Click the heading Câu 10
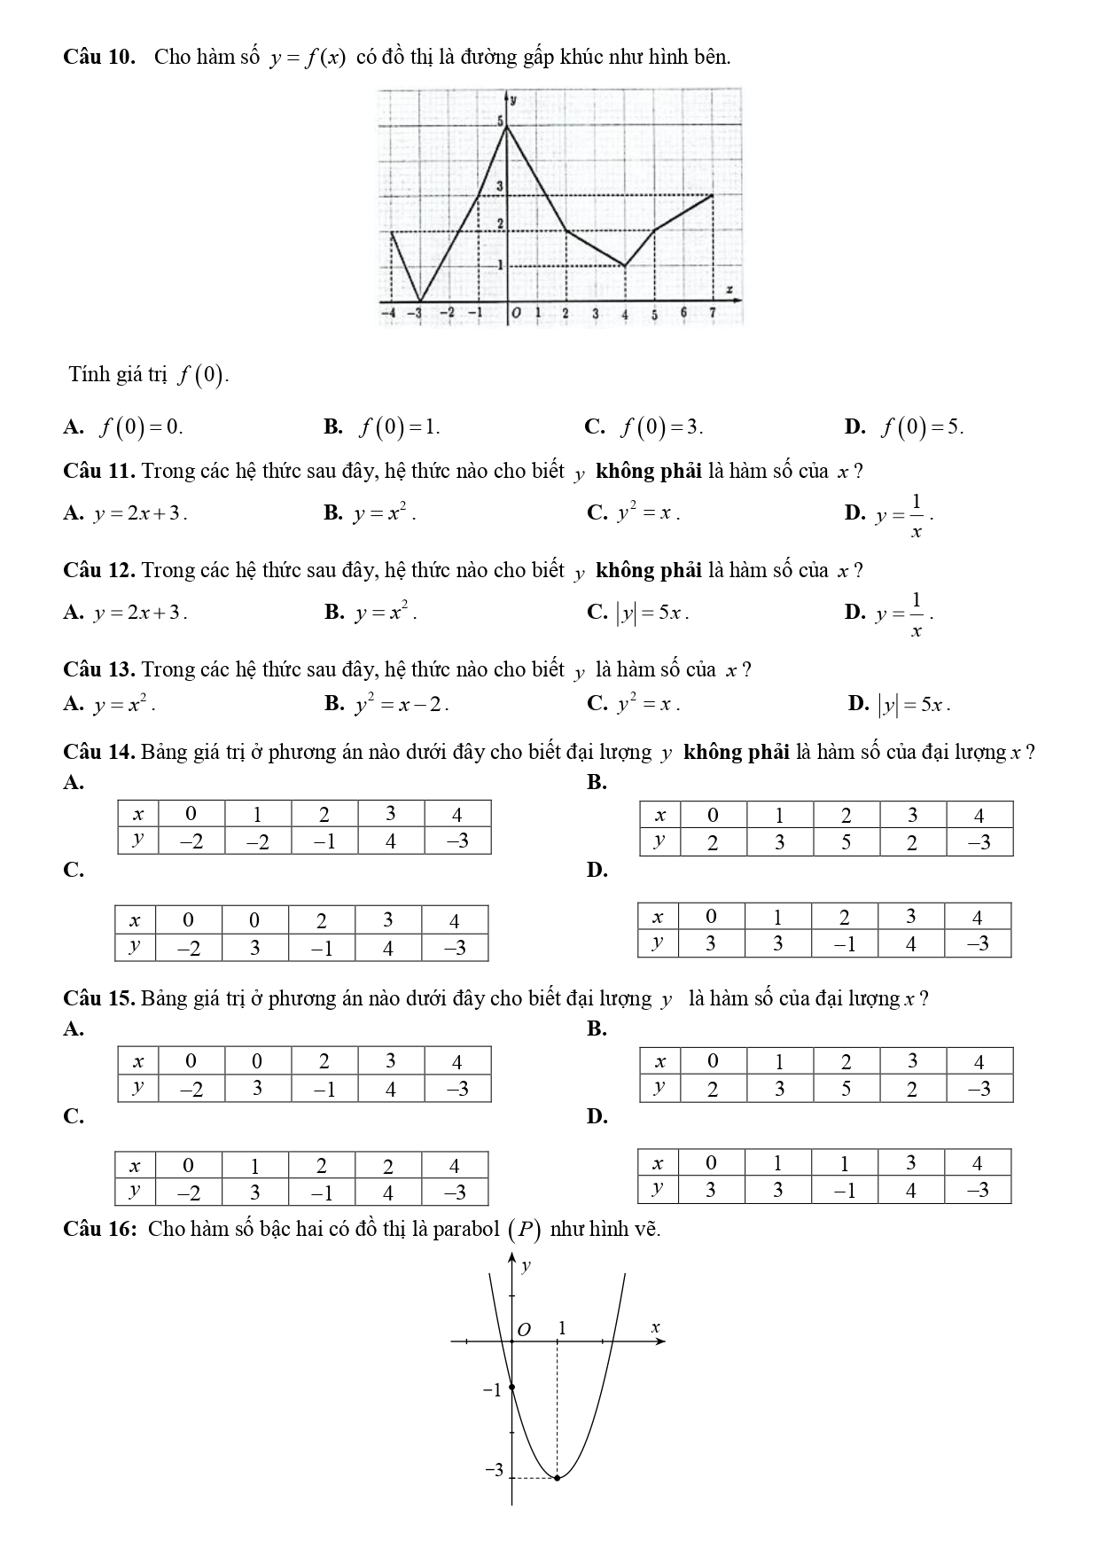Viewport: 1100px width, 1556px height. (99, 58)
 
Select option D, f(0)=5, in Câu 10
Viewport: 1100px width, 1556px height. (920, 427)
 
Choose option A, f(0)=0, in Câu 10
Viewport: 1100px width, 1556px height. (140, 427)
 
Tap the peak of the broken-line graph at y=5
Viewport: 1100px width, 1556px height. (506, 127)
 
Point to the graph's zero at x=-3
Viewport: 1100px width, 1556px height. (419, 301)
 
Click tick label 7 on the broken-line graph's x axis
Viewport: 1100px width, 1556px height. (712, 313)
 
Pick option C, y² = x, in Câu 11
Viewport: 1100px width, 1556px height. (648, 512)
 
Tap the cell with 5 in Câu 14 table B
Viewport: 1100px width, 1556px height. (845, 841)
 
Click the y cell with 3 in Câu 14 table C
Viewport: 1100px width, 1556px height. (254, 947)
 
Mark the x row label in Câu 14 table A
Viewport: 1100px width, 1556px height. (137, 814)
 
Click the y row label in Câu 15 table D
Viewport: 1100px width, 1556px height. (657, 1189)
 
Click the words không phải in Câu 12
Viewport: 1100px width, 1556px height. (649, 570)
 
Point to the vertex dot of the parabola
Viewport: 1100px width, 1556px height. (557, 1477)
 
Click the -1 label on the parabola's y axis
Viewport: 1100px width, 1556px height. (491, 1390)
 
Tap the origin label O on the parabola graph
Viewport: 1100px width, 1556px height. (524, 1330)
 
